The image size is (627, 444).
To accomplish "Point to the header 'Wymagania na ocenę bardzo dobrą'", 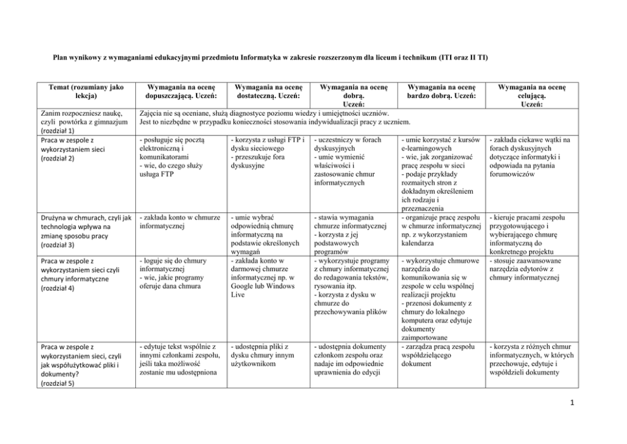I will point(441,91).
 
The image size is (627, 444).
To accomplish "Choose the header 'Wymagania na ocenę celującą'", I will point(532,91).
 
